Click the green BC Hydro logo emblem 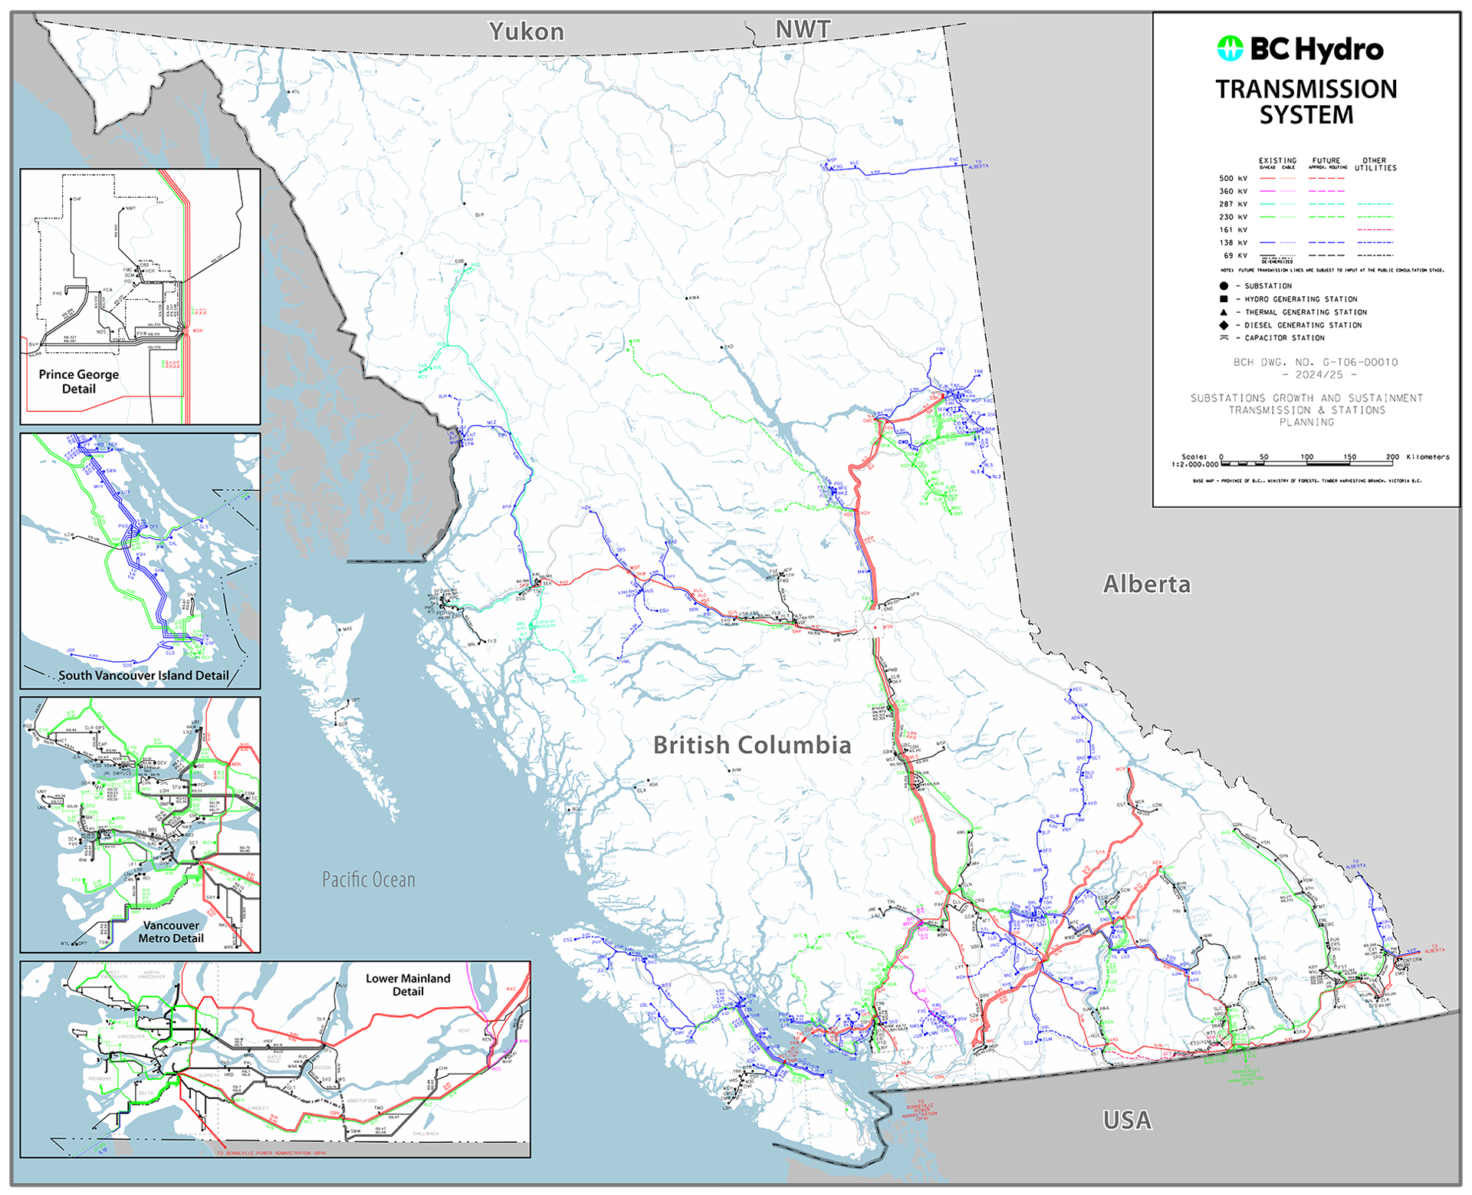pyautogui.click(x=1230, y=49)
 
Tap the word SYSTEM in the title pyautogui.click(x=1306, y=115)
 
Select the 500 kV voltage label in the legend pyautogui.click(x=1233, y=179)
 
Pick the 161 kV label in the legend pyautogui.click(x=1233, y=230)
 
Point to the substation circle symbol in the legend pyautogui.click(x=1224, y=286)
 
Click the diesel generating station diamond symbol pyautogui.click(x=1224, y=325)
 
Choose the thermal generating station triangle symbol pyautogui.click(x=1224, y=312)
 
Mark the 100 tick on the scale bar pyautogui.click(x=1306, y=457)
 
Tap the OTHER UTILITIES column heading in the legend pyautogui.click(x=1375, y=164)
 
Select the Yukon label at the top pyautogui.click(x=527, y=31)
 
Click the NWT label pyautogui.click(x=802, y=29)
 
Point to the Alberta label pyautogui.click(x=1146, y=584)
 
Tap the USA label pyautogui.click(x=1126, y=1121)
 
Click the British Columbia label pyautogui.click(x=751, y=745)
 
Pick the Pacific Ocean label pyautogui.click(x=368, y=879)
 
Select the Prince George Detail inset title pyautogui.click(x=79, y=381)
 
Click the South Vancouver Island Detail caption pyautogui.click(x=143, y=676)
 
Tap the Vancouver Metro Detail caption pyautogui.click(x=171, y=931)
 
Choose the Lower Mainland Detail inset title pyautogui.click(x=408, y=985)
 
